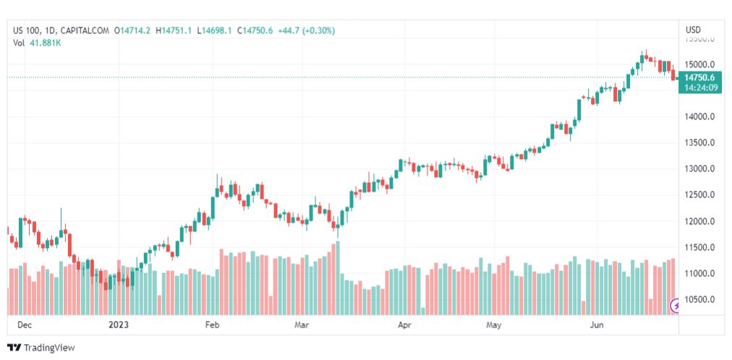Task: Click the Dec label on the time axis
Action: (25, 325)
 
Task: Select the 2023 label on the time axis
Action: (119, 325)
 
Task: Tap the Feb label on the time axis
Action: (212, 325)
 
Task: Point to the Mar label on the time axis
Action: (302, 325)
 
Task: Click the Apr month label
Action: (404, 325)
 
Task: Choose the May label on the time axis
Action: (494, 325)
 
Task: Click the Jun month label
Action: (597, 325)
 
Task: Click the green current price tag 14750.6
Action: (699, 77)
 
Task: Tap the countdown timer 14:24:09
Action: (699, 87)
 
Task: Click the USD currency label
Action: (693, 30)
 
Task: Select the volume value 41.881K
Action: (45, 43)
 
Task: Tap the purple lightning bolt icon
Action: (676, 306)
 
